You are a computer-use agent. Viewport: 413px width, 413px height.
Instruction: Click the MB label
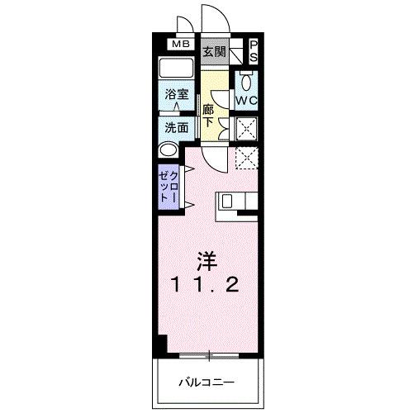[x=180, y=45]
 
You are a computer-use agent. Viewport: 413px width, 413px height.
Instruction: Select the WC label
[x=248, y=100]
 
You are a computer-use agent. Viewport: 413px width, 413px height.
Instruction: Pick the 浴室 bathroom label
[x=175, y=95]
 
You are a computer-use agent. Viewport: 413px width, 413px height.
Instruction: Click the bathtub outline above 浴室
[x=175, y=69]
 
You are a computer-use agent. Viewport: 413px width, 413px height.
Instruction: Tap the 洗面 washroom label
[x=175, y=128]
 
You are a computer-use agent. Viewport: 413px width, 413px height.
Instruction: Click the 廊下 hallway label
[x=208, y=115]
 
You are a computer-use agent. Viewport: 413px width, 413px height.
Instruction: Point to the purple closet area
[x=167, y=188]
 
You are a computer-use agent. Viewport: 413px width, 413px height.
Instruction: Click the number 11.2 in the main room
[x=206, y=285]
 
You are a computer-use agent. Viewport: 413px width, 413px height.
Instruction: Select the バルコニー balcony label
[x=206, y=382]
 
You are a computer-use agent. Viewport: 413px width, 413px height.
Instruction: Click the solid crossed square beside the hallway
[x=247, y=127]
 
